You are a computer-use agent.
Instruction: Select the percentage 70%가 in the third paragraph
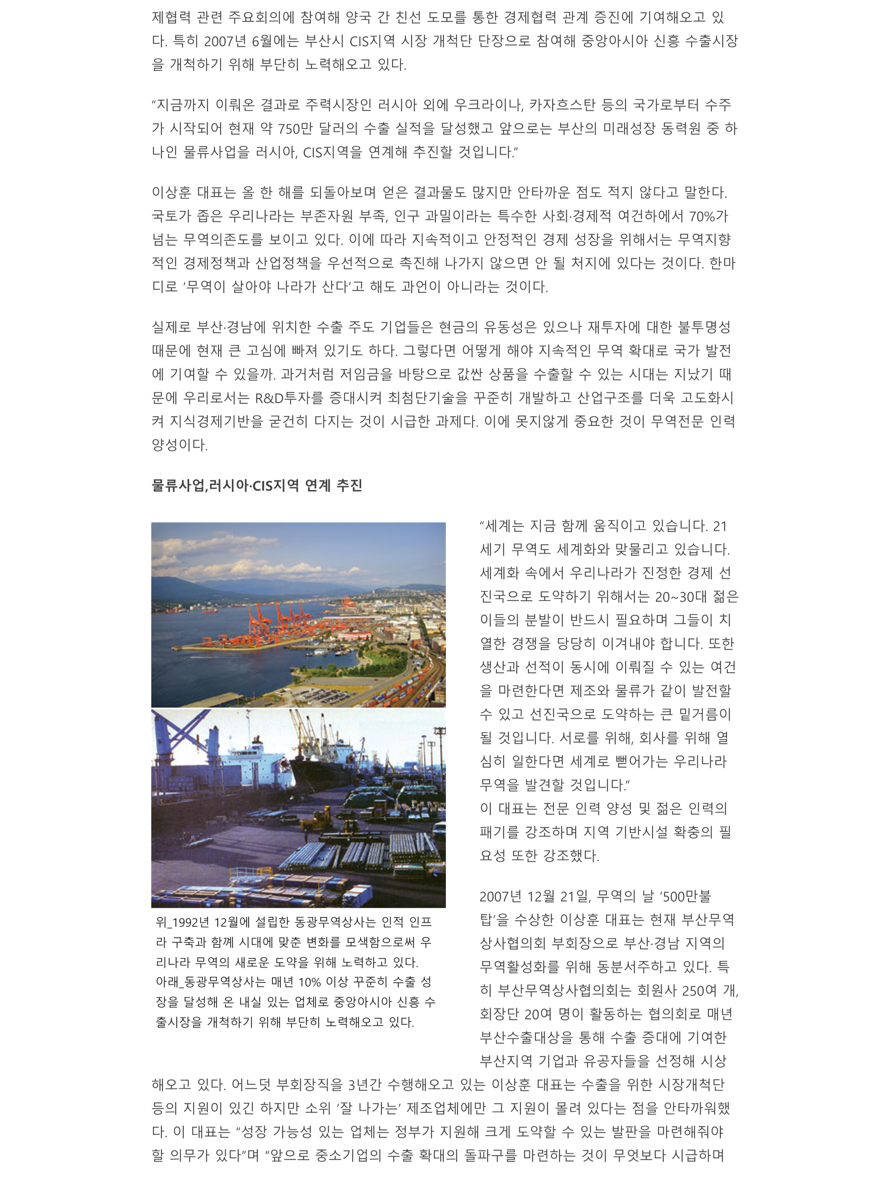(708, 217)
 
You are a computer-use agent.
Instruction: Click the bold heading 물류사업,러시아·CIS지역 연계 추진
(256, 485)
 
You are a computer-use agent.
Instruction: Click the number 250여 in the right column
(699, 991)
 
